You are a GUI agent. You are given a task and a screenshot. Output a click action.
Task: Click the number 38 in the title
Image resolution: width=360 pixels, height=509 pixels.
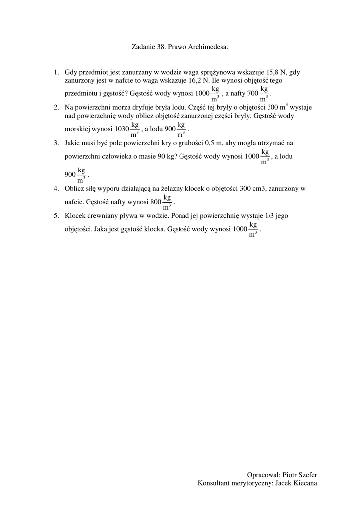click(x=161, y=47)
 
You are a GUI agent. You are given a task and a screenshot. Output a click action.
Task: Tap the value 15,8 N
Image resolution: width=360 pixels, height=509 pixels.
click(x=276, y=72)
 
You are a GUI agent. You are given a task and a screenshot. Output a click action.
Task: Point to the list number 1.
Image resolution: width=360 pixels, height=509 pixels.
click(x=56, y=72)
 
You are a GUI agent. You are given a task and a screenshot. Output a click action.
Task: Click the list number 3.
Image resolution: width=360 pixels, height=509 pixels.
click(x=56, y=143)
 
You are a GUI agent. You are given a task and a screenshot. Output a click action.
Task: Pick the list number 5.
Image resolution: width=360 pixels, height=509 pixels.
click(x=56, y=216)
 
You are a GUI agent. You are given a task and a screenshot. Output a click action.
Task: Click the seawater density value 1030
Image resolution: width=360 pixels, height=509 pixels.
click(x=121, y=129)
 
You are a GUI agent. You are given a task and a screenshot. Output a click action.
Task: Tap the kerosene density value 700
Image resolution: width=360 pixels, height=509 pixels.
click(x=253, y=93)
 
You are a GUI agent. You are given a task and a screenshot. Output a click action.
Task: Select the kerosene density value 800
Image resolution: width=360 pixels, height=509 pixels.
click(x=156, y=202)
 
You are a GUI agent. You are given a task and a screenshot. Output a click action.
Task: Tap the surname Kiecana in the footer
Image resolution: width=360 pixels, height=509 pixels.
click(x=304, y=483)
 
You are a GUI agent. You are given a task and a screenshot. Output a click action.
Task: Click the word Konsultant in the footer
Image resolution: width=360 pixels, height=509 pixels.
click(x=214, y=483)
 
